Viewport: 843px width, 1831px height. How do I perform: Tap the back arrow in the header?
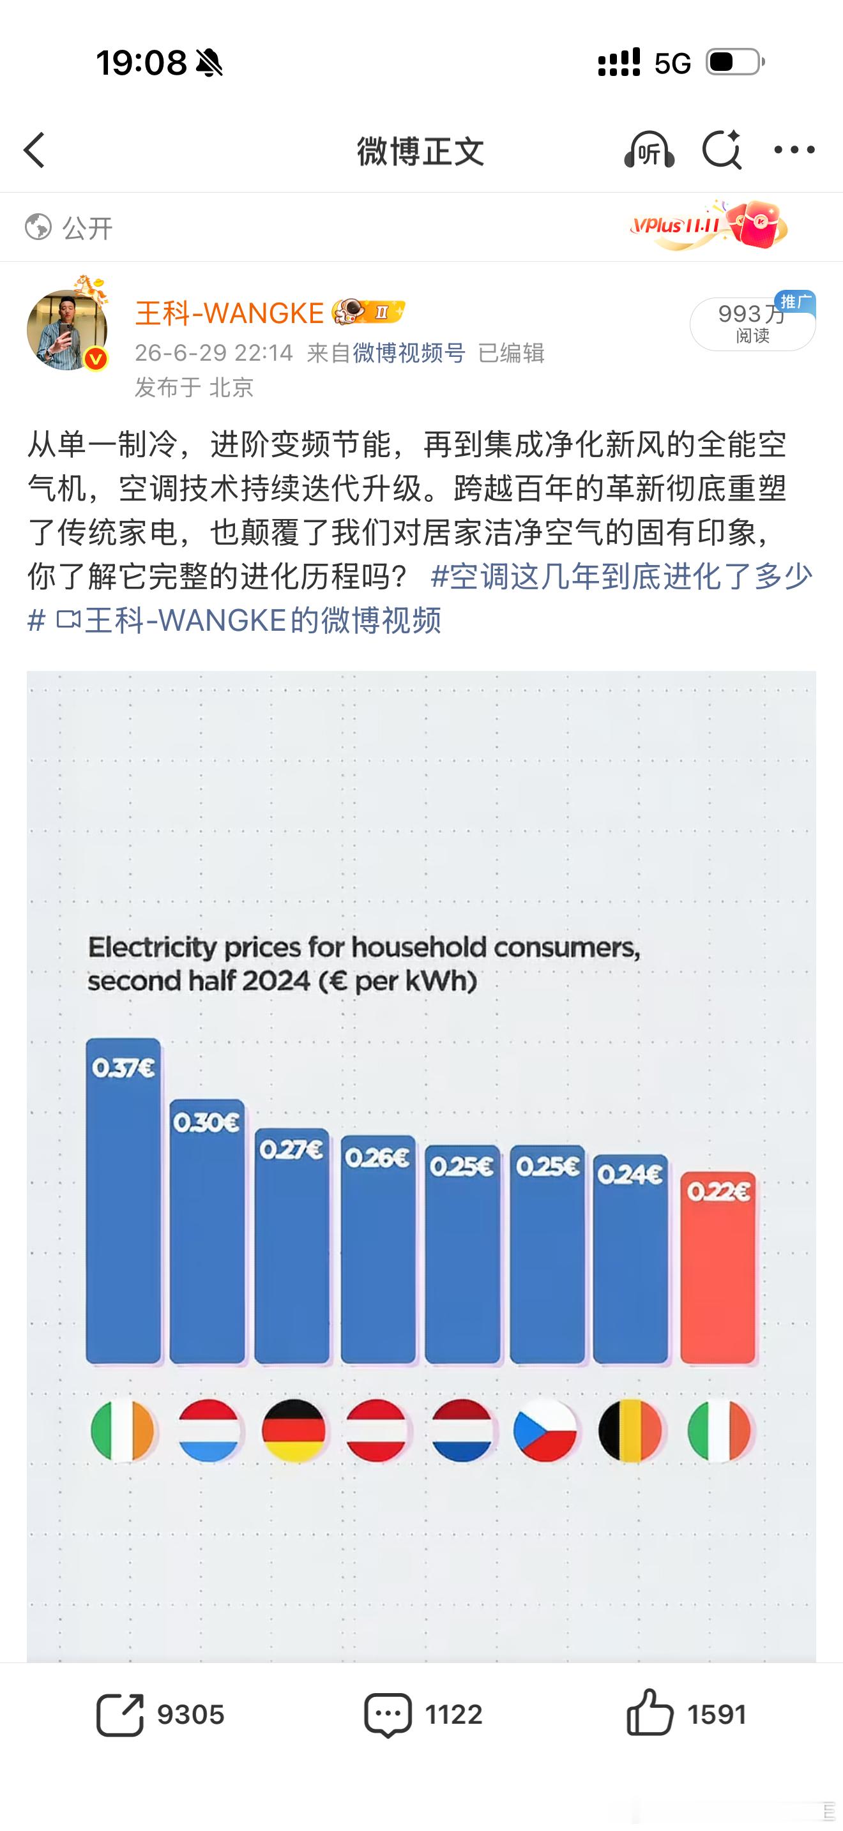pyautogui.click(x=34, y=150)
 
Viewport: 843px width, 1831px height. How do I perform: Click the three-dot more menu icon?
pyautogui.click(x=794, y=150)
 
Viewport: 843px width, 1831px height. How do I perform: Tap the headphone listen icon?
pyautogui.click(x=649, y=150)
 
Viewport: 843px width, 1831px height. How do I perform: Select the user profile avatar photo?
pyautogui.click(x=67, y=329)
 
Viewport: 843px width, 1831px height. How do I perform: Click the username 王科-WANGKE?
pyautogui.click(x=229, y=313)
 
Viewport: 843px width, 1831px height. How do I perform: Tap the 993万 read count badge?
pyautogui.click(x=752, y=324)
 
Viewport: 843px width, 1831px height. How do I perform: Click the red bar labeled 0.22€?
pyautogui.click(x=718, y=1268)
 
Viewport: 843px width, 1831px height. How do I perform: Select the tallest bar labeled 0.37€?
pyautogui.click(x=123, y=1202)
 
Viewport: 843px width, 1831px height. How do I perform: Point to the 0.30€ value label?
pyautogui.click(x=207, y=1122)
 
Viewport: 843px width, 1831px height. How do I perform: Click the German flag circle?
pyautogui.click(x=293, y=1430)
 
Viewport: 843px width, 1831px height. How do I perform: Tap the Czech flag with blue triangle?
pyautogui.click(x=545, y=1430)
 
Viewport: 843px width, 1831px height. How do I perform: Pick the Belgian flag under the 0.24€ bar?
pyautogui.click(x=630, y=1430)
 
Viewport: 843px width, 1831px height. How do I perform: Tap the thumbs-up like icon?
pyautogui.click(x=649, y=1714)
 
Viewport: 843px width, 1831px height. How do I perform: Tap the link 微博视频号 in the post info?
pyautogui.click(x=409, y=352)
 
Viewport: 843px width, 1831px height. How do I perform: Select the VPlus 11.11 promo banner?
pyautogui.click(x=706, y=226)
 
